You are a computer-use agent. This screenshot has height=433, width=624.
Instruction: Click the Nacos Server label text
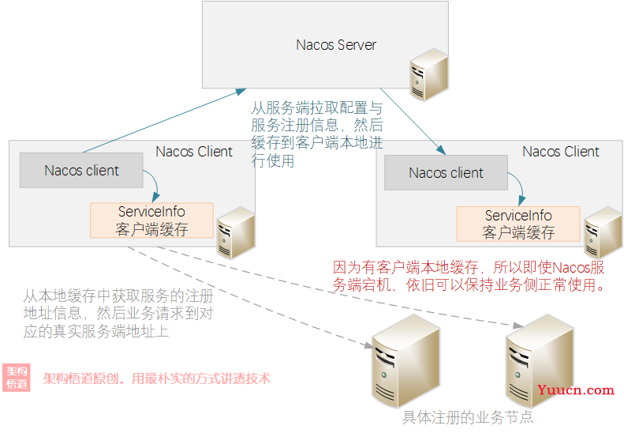336,44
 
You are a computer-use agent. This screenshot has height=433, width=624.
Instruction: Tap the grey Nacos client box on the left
81,171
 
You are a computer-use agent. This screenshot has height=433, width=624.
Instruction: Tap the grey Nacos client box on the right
446,173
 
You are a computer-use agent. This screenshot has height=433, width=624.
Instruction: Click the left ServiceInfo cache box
151,220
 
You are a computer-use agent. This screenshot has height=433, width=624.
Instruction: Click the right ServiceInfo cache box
518,224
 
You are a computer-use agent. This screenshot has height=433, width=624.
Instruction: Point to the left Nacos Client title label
194,152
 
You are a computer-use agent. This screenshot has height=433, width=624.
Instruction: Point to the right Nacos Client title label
561,152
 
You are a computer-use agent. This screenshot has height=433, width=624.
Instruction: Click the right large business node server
538,356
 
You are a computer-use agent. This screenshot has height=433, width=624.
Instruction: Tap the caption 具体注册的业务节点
468,417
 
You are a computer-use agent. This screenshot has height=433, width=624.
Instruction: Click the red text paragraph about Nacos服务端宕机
470,277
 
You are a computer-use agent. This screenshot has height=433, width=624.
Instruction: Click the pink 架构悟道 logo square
17,378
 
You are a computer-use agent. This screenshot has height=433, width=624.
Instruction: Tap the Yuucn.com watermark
575,390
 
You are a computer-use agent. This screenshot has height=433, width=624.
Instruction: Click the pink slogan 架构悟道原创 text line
156,378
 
